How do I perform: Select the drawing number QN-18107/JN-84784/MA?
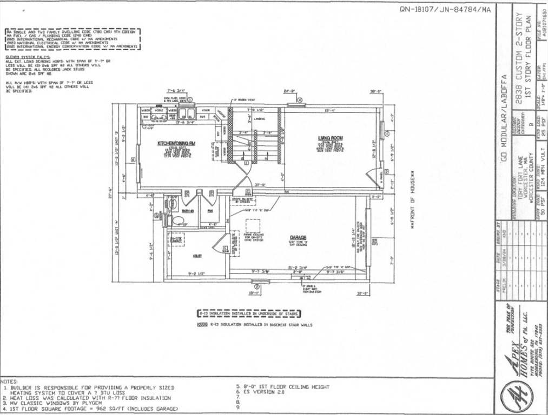click(x=445, y=9)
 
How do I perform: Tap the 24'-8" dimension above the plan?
click(x=288, y=91)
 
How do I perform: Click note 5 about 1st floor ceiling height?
click(x=282, y=387)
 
